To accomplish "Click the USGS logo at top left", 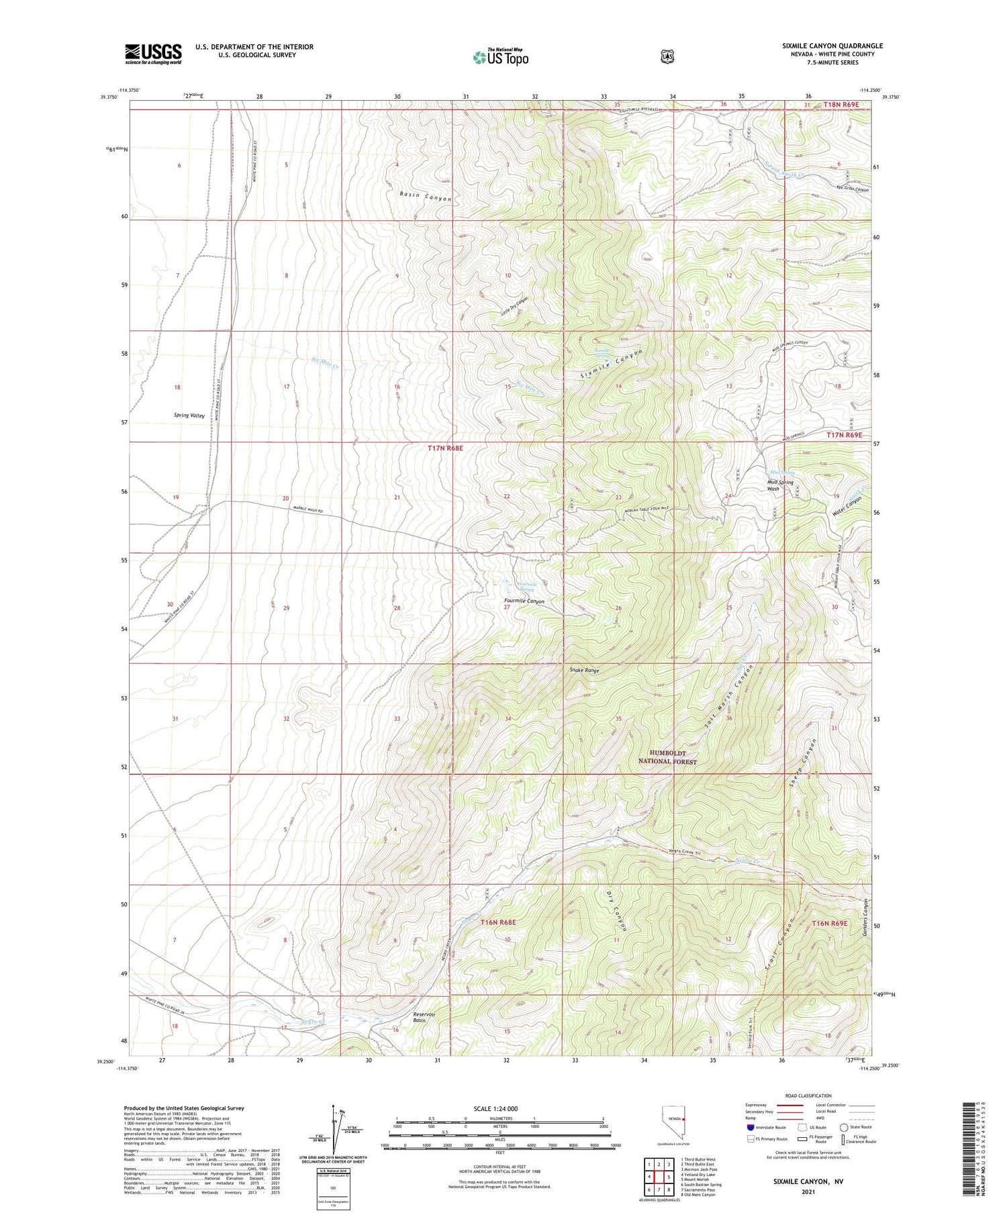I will coord(153,54).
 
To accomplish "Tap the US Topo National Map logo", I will coord(500,57).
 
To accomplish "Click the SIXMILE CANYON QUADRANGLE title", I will coord(832,46).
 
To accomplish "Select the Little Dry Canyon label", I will coord(514,306).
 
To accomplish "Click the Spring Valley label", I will coord(189,416).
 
